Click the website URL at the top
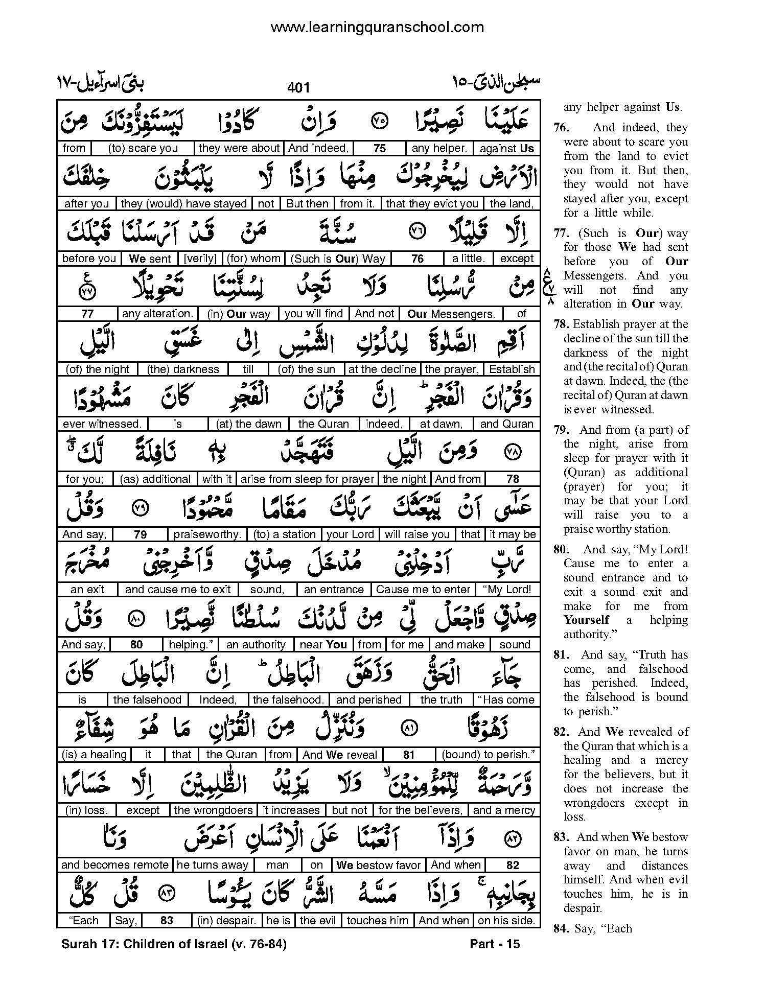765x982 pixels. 377,27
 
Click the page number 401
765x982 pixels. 298,88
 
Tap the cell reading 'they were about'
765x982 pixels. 239,148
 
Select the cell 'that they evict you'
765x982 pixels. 432,203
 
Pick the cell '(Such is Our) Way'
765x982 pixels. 338,259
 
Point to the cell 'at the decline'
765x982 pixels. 382,369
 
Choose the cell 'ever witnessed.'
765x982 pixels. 102,424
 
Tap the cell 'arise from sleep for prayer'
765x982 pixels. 307,479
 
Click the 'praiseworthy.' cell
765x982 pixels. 207,534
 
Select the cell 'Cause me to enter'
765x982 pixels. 423,590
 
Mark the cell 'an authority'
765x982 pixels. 256,645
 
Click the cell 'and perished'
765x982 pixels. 368,700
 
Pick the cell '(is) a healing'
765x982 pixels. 94,755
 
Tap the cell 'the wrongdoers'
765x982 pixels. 213,810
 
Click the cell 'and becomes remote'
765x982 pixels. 114,865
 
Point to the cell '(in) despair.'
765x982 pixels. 226,921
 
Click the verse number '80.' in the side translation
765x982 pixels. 562,550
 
